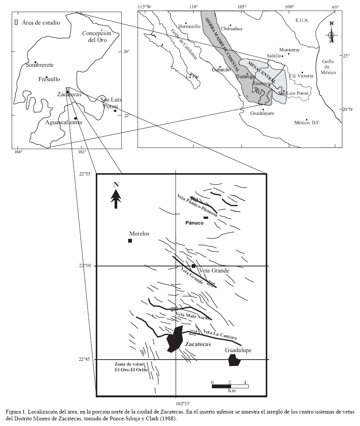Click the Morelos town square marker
(x=130, y=240)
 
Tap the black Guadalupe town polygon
(x=234, y=360)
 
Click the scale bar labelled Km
(x=230, y=386)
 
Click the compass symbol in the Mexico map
(x=331, y=35)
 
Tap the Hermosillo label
(x=189, y=26)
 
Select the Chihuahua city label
(x=231, y=29)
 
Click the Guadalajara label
(x=262, y=113)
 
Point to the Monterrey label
(x=290, y=50)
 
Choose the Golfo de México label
(x=328, y=67)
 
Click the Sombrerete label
(x=40, y=65)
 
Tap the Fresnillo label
(x=49, y=79)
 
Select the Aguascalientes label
(x=64, y=122)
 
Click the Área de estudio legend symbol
(x=16, y=22)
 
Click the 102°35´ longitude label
(x=183, y=403)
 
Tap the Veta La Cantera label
(x=220, y=334)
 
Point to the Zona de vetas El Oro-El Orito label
(x=131, y=367)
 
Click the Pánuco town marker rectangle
(x=206, y=218)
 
